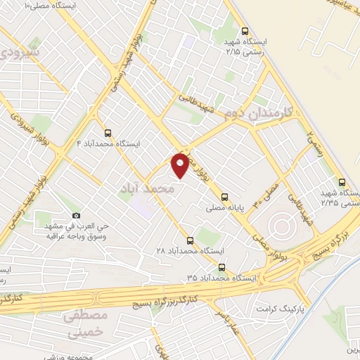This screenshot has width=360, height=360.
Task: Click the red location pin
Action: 181,165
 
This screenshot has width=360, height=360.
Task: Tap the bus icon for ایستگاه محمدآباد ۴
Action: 108,132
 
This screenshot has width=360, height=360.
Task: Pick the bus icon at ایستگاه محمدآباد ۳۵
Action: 222,267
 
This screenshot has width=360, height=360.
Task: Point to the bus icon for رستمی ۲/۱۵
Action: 245,31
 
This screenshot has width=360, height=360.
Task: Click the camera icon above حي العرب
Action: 76,216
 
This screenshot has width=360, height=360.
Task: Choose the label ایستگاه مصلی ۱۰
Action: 53,5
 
